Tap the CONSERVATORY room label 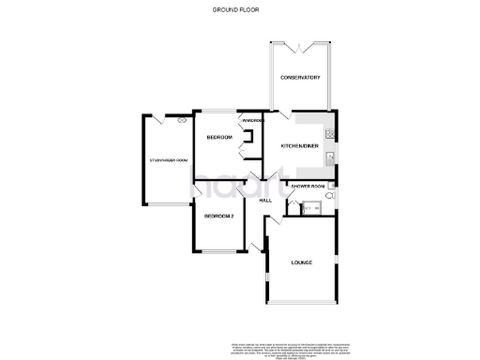pyautogui.click(x=301, y=78)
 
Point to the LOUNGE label pyautogui.click(x=301, y=262)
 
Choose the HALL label pyautogui.click(x=265, y=201)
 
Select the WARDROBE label pyautogui.click(x=252, y=121)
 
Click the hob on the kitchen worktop pyautogui.click(x=332, y=137)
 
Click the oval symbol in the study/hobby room pyautogui.click(x=182, y=120)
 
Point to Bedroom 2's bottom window pyautogui.click(x=219, y=250)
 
